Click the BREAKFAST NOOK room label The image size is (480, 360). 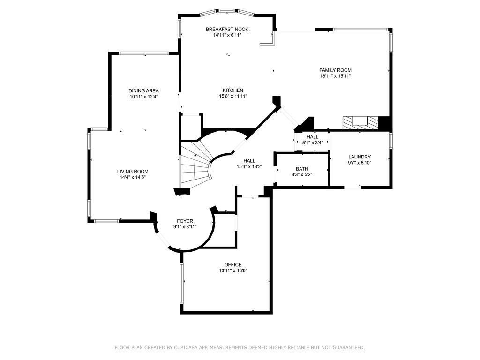(x=227, y=29)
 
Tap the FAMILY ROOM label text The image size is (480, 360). (x=335, y=70)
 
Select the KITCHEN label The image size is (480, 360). (x=232, y=90)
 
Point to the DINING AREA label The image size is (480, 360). (x=144, y=90)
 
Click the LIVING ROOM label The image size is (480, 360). (x=133, y=171)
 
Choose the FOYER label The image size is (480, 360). (x=185, y=221)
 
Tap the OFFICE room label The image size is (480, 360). (x=232, y=265)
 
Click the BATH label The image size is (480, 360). (x=302, y=169)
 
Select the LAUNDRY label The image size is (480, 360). (x=360, y=157)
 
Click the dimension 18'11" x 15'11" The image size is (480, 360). (x=335, y=76)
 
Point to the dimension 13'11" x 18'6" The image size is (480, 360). (x=232, y=270)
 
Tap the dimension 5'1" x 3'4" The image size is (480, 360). (x=312, y=142)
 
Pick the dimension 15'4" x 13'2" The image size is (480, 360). (x=249, y=166)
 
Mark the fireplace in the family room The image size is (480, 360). (x=360, y=122)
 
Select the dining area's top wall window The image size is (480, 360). (x=143, y=53)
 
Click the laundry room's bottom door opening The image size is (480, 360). (x=353, y=187)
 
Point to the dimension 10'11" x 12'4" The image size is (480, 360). (x=144, y=97)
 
